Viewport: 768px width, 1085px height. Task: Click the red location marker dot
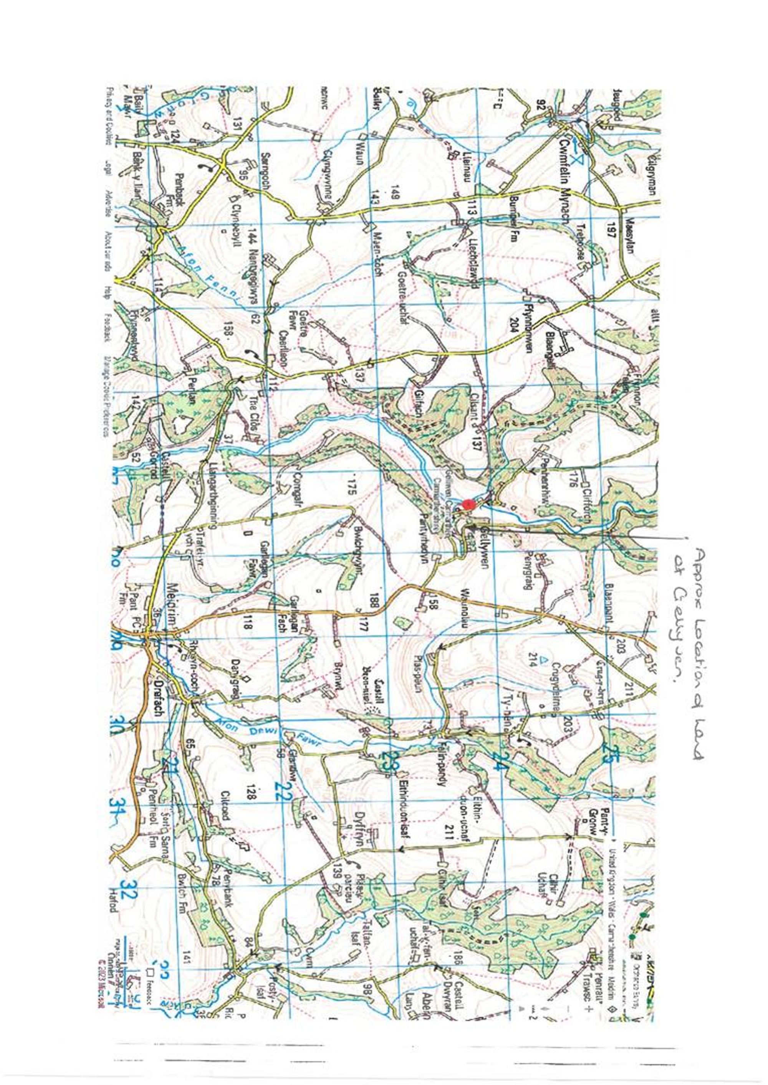468,504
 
